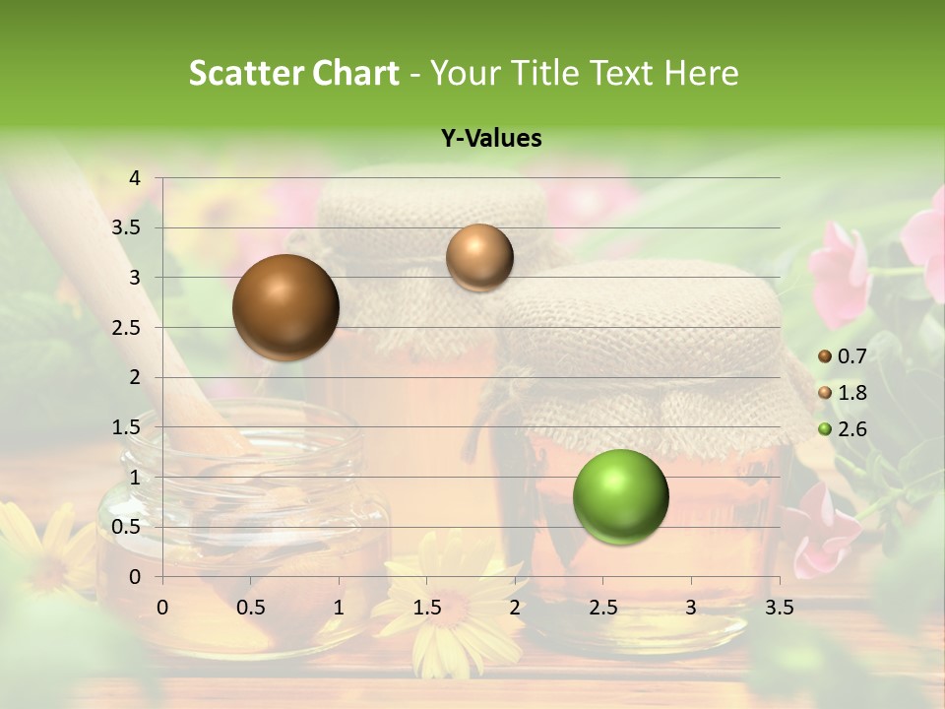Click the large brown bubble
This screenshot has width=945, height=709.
click(x=285, y=307)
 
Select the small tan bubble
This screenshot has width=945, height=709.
click(x=479, y=257)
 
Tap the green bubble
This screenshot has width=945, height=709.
click(x=620, y=496)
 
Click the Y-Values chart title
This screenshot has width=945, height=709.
click(x=491, y=139)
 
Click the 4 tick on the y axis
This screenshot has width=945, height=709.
click(x=136, y=178)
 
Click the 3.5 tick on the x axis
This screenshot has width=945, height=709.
click(x=779, y=608)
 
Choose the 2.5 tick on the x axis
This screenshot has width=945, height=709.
click(x=602, y=608)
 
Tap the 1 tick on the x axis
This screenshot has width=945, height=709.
click(x=339, y=608)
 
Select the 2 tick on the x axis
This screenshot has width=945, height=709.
click(x=515, y=608)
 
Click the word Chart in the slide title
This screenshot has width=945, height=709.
click(x=355, y=73)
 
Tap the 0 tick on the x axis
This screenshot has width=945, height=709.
click(x=162, y=608)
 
